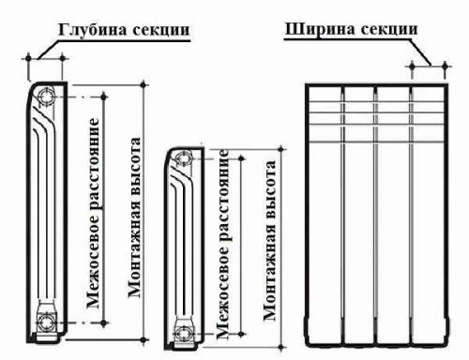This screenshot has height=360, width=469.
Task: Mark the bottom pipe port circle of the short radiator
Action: point(185,331)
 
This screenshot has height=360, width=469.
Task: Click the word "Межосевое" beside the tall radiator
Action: point(94,265)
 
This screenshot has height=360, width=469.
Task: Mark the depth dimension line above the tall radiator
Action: point(45,59)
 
